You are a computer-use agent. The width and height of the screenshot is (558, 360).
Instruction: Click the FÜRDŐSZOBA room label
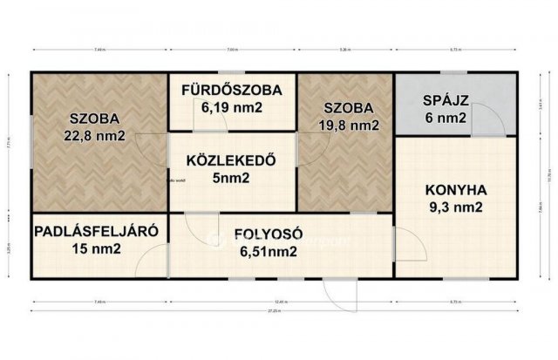[x=231, y=91]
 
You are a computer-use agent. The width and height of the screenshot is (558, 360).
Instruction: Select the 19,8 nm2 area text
[x=350, y=125]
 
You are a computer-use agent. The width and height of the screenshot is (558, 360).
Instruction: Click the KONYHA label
[x=455, y=189]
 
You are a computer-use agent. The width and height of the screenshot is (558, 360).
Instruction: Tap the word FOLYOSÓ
[x=267, y=234]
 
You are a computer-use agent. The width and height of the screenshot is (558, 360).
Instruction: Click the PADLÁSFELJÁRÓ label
[x=96, y=232]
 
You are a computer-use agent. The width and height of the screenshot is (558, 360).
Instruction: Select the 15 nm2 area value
[x=96, y=250]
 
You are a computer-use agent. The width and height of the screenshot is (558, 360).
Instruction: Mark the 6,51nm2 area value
[x=267, y=252]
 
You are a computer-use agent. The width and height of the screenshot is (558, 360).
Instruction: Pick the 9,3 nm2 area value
[x=455, y=207]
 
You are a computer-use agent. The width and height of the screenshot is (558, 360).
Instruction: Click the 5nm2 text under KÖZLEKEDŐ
[x=231, y=178]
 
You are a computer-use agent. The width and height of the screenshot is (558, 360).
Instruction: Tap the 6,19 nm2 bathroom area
[x=231, y=108]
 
